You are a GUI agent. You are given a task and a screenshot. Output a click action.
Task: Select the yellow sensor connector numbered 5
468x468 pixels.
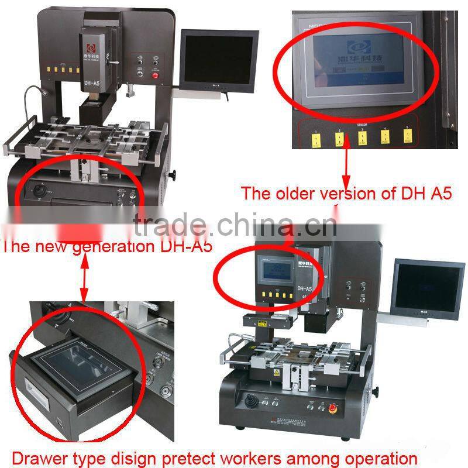pyautogui.click(x=408, y=137)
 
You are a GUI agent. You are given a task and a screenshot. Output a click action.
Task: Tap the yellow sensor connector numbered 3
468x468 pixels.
pyautogui.click(x=362, y=138)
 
